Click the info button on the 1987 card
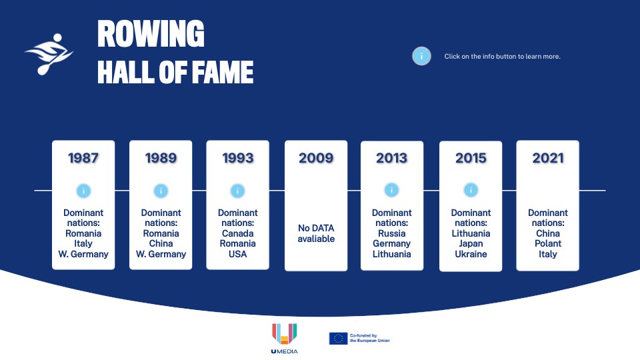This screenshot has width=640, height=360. pyautogui.click(x=83, y=191)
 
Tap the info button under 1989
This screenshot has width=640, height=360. pyautogui.click(x=161, y=191)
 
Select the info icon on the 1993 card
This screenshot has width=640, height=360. pyautogui.click(x=237, y=191)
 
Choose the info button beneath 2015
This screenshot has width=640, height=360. pyautogui.click(x=471, y=190)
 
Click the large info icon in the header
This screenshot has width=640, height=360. pyautogui.click(x=421, y=56)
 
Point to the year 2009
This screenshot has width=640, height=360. pyautogui.click(x=316, y=158)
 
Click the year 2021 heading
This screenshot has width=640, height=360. pyautogui.click(x=548, y=158)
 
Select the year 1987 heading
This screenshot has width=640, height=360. pyautogui.click(x=83, y=158)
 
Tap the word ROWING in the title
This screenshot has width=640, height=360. pyautogui.click(x=151, y=33)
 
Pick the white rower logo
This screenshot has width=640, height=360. pyautogui.click(x=49, y=54)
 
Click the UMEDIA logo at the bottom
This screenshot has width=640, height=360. pyautogui.click(x=285, y=339)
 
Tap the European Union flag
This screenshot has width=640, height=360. pyautogui.click(x=339, y=339)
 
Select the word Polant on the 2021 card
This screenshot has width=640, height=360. pyautogui.click(x=548, y=244)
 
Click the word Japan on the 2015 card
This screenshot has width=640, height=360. pyautogui.click(x=471, y=244)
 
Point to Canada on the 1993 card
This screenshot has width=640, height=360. pyautogui.click(x=237, y=233)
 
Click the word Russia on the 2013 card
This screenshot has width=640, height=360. pyautogui.click(x=392, y=233)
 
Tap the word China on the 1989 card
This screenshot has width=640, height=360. pyautogui.click(x=161, y=244)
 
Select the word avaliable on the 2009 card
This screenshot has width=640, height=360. pyautogui.click(x=316, y=239)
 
